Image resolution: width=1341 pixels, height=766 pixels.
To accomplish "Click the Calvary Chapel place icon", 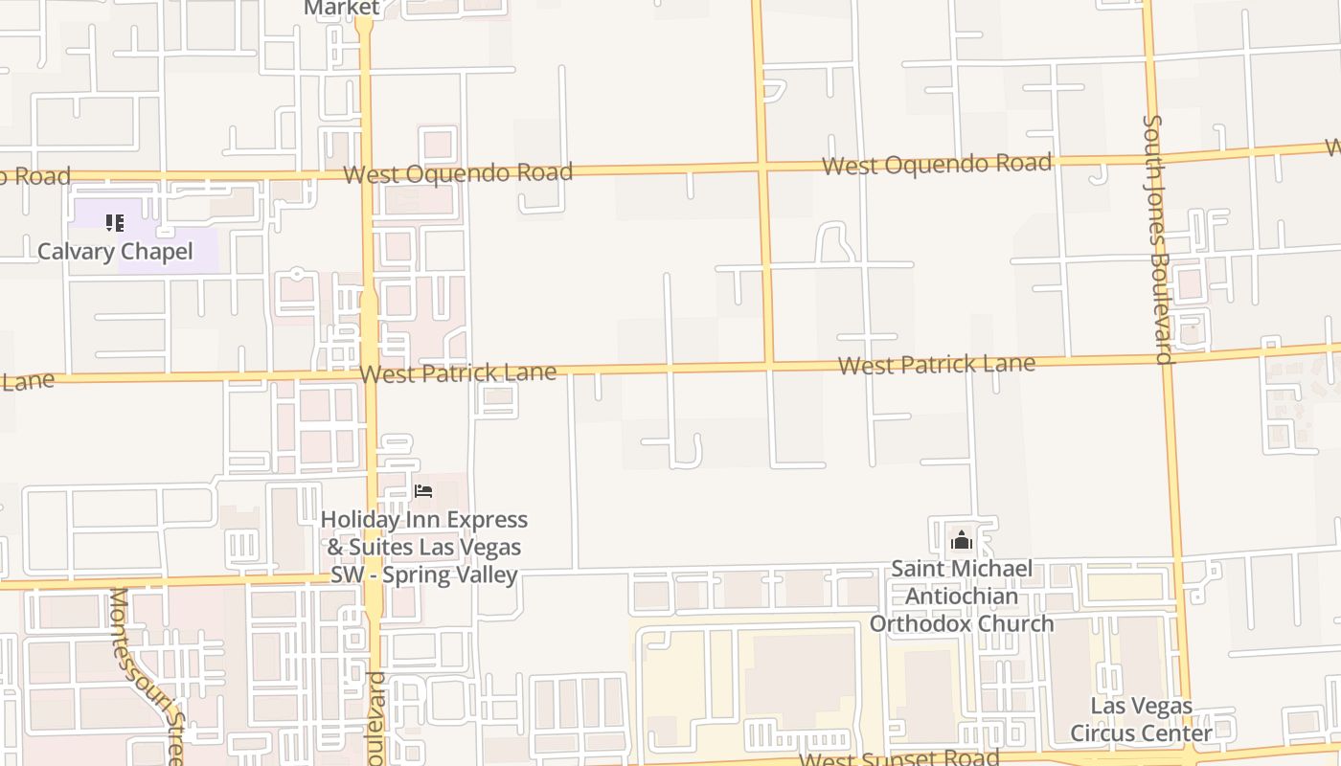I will pos(115,223).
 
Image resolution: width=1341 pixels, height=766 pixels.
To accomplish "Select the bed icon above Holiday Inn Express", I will pos(423,491).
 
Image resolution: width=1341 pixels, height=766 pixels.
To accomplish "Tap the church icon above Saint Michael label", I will pos(962,541).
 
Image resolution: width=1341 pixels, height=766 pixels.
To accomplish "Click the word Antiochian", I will pos(962,597).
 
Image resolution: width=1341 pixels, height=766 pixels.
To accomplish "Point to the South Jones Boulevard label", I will pos(1157,239).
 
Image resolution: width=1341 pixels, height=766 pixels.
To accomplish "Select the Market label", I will pos(342,8).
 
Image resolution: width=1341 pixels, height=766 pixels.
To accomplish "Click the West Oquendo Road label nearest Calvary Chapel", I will pos(458,173).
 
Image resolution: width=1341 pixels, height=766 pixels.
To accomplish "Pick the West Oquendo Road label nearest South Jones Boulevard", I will pos(937,165).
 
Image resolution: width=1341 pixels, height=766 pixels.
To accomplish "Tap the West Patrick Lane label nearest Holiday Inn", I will pos(458,373).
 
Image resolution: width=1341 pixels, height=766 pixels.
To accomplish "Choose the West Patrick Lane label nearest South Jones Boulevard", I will pos(937,365).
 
